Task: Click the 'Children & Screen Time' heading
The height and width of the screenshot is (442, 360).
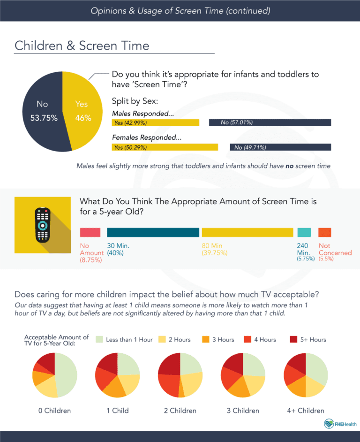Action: coord(82,46)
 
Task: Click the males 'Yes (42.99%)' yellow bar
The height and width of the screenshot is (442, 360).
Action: coord(156,123)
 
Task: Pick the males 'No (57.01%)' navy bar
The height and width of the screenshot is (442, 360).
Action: coord(270,123)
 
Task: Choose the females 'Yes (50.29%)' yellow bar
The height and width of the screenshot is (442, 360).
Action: coord(165,147)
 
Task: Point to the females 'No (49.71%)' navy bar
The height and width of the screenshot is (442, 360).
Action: coord(280,147)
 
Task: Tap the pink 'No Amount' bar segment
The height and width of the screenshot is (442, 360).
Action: coord(90,232)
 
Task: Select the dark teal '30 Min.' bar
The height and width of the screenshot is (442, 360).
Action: coord(153,232)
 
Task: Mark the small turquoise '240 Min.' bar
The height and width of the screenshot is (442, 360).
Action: coord(304,232)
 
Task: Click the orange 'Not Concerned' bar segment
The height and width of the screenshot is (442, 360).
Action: coord(325,232)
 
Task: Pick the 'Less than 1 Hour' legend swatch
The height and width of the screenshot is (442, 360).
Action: coord(100,339)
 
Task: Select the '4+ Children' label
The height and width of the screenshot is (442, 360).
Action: coord(305,411)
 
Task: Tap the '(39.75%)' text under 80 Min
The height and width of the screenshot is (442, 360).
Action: coord(215,253)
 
